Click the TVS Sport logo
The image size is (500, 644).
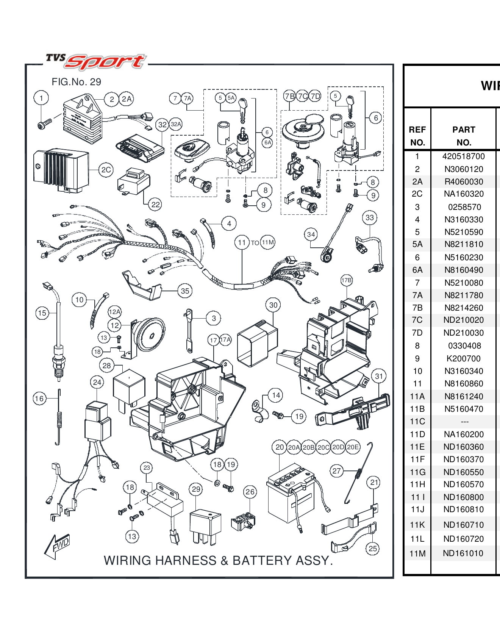click(x=95, y=62)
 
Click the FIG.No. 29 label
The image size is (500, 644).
click(x=76, y=82)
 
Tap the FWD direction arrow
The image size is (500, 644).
click(x=58, y=546)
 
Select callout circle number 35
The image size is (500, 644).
click(x=185, y=291)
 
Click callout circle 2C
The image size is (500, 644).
click(x=106, y=170)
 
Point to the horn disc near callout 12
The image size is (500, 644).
click(x=150, y=335)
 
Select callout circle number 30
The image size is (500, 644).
click(x=273, y=305)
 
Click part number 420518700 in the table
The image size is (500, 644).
click(x=463, y=156)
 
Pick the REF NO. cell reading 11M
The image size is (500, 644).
click(x=417, y=553)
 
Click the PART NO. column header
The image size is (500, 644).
click(x=464, y=136)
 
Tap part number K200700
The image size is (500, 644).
click(x=463, y=358)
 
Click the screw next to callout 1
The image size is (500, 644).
click(x=45, y=123)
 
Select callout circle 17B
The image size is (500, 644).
click(x=346, y=280)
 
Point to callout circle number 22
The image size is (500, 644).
click(x=156, y=205)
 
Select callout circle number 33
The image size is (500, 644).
click(x=370, y=218)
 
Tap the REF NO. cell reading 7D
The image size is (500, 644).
click(x=417, y=333)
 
